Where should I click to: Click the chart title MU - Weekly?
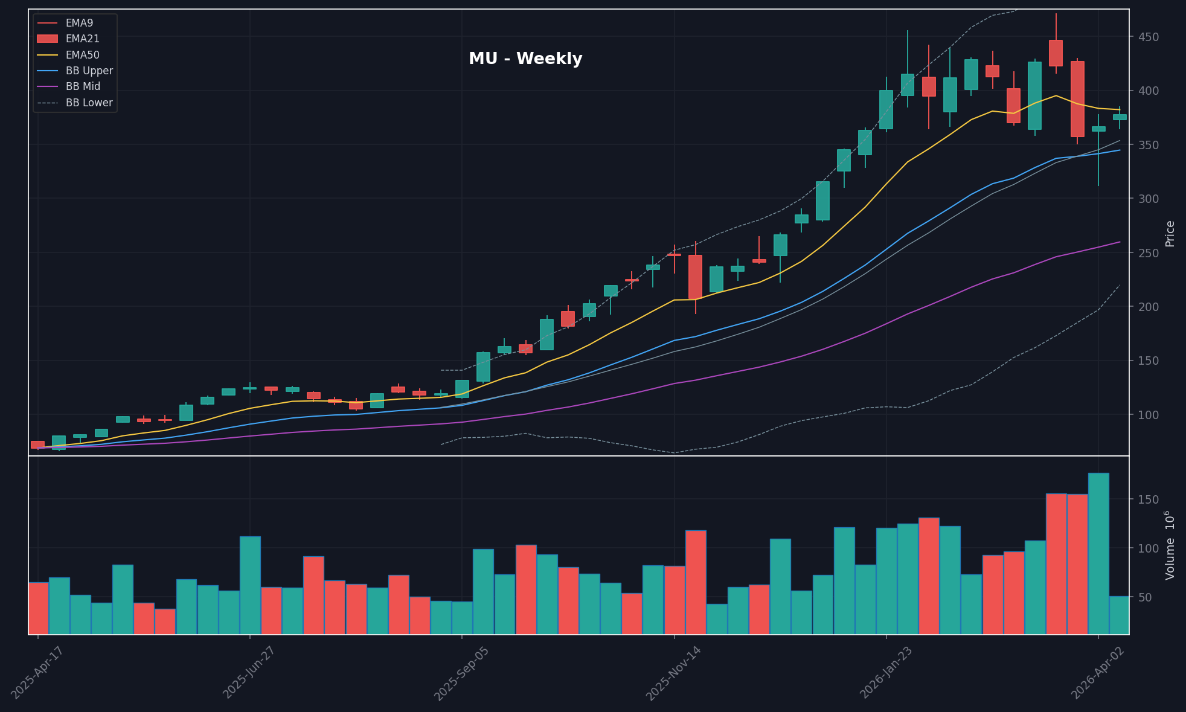[x=525, y=59]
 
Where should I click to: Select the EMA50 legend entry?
[x=82, y=55]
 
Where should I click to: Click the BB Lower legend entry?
[x=89, y=103]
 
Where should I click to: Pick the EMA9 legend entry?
[x=79, y=23]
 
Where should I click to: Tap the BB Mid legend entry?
[x=83, y=86]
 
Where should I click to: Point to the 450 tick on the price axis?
[x=1148, y=37]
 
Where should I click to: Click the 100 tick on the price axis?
[x=1148, y=415]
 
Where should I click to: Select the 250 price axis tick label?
[x=1148, y=253]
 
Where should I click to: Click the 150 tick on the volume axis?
[x=1148, y=500]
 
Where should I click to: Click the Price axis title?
[x=1170, y=233]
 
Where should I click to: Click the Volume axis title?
[x=1170, y=545]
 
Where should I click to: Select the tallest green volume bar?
[x=1098, y=553]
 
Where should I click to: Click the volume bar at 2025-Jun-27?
[x=250, y=585]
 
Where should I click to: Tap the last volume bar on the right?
[x=1119, y=615]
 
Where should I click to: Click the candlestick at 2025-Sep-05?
[x=462, y=389]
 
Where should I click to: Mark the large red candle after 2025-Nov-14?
[x=695, y=277]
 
